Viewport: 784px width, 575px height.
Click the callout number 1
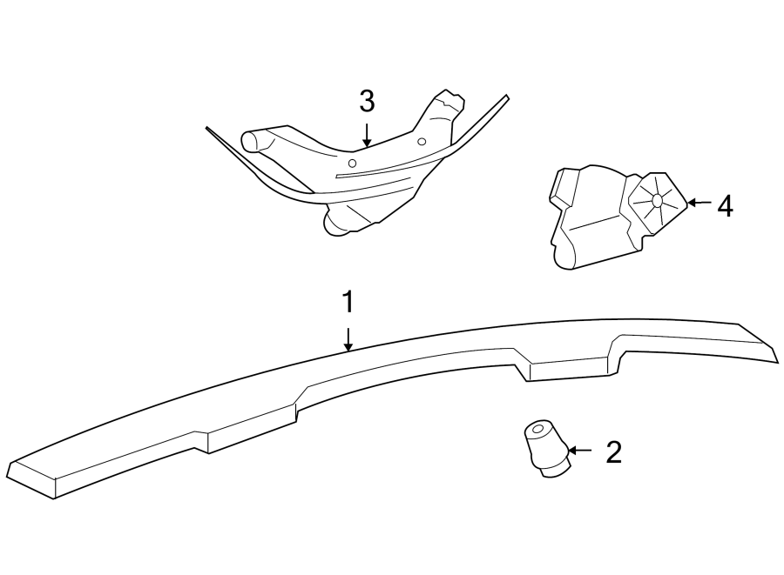348,303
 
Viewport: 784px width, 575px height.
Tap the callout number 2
613,451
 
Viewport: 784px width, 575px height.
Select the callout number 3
367,102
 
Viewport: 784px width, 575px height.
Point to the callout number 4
724,206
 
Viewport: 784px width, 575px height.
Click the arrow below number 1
348,338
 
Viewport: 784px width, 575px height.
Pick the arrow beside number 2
580,451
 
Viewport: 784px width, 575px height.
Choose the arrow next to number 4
699,203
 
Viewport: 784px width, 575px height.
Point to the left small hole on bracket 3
351,163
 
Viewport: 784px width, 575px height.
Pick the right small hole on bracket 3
421,141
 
